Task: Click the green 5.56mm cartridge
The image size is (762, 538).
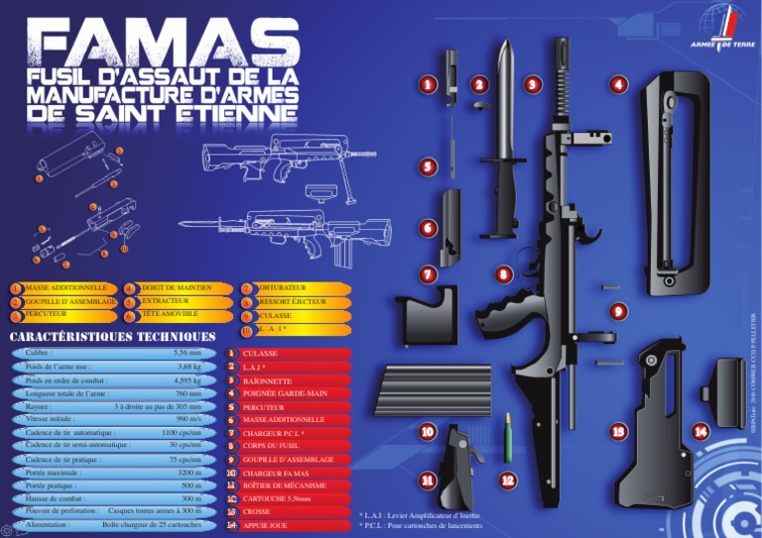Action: (x=507, y=437)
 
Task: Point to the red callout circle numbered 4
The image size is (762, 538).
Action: (x=619, y=85)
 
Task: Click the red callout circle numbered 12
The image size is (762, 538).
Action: (x=508, y=481)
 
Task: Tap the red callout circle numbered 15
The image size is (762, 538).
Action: (x=619, y=432)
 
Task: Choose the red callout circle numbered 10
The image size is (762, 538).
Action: (x=428, y=432)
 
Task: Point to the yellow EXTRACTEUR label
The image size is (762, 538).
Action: (x=165, y=301)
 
